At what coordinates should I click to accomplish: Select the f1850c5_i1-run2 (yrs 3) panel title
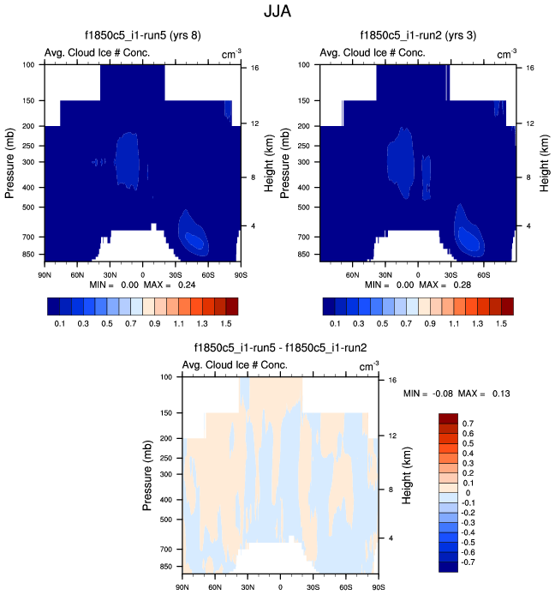tap(417, 36)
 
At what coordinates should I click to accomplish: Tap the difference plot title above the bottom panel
tap(281, 348)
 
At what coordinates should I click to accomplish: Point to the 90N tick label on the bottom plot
tap(182, 586)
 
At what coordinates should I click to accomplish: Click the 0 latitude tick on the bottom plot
tap(280, 586)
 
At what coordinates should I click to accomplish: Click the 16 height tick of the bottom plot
tap(390, 380)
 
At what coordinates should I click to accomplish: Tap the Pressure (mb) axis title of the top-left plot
tap(10, 159)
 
